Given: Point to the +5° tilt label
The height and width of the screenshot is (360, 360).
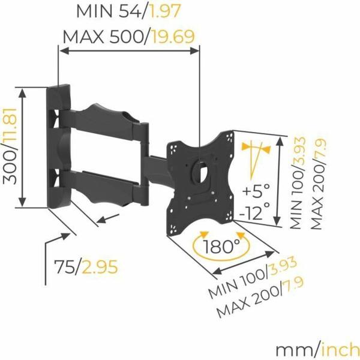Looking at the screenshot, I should pyautogui.click(x=256, y=191).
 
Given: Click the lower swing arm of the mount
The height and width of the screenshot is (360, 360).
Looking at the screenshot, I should pyautogui.click(x=105, y=183).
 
